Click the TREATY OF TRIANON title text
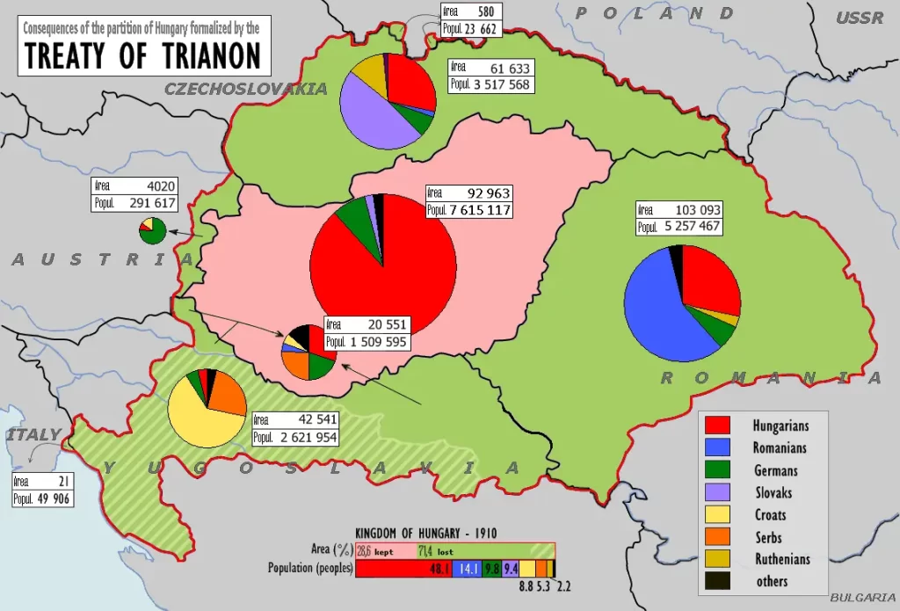click(x=143, y=55)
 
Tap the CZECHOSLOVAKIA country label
click(x=246, y=89)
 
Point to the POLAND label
click(x=655, y=13)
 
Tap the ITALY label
click(x=33, y=434)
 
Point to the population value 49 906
click(x=53, y=498)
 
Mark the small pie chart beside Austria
click(x=152, y=230)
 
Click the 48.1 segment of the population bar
click(x=404, y=569)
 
